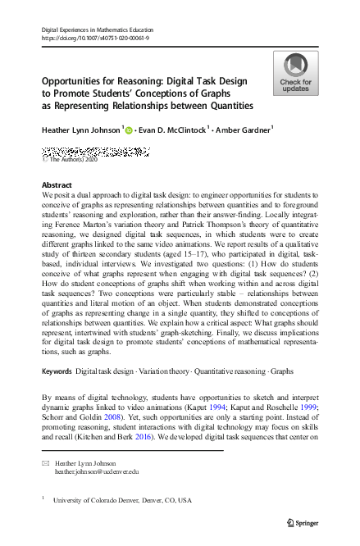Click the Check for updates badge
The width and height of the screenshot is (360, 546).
tap(295, 74)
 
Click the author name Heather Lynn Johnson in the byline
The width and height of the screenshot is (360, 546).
tap(80, 130)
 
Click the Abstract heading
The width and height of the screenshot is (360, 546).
tap(56, 185)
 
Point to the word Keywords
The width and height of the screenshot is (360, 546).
tap(57, 372)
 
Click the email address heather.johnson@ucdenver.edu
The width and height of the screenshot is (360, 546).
tap(97, 472)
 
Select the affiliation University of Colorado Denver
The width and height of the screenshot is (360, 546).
tap(122, 499)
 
